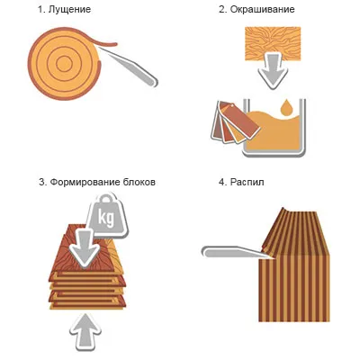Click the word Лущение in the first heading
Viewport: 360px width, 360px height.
(x=69, y=10)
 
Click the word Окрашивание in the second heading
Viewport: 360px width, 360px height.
(x=262, y=10)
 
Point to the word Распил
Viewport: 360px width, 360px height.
(x=247, y=183)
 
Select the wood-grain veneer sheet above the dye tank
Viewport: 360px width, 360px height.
(x=273, y=44)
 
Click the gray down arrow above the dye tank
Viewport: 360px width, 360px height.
(x=273, y=71)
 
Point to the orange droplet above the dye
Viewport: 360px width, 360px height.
(x=285, y=107)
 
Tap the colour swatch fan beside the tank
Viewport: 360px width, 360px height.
(x=234, y=122)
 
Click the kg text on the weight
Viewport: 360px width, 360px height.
(x=106, y=219)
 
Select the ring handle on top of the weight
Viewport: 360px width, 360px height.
(x=106, y=198)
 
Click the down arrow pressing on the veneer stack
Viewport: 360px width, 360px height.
(x=85, y=247)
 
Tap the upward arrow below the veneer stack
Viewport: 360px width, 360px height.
(x=85, y=332)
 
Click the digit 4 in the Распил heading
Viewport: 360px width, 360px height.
(x=221, y=182)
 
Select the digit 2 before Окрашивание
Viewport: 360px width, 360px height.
(x=221, y=10)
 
